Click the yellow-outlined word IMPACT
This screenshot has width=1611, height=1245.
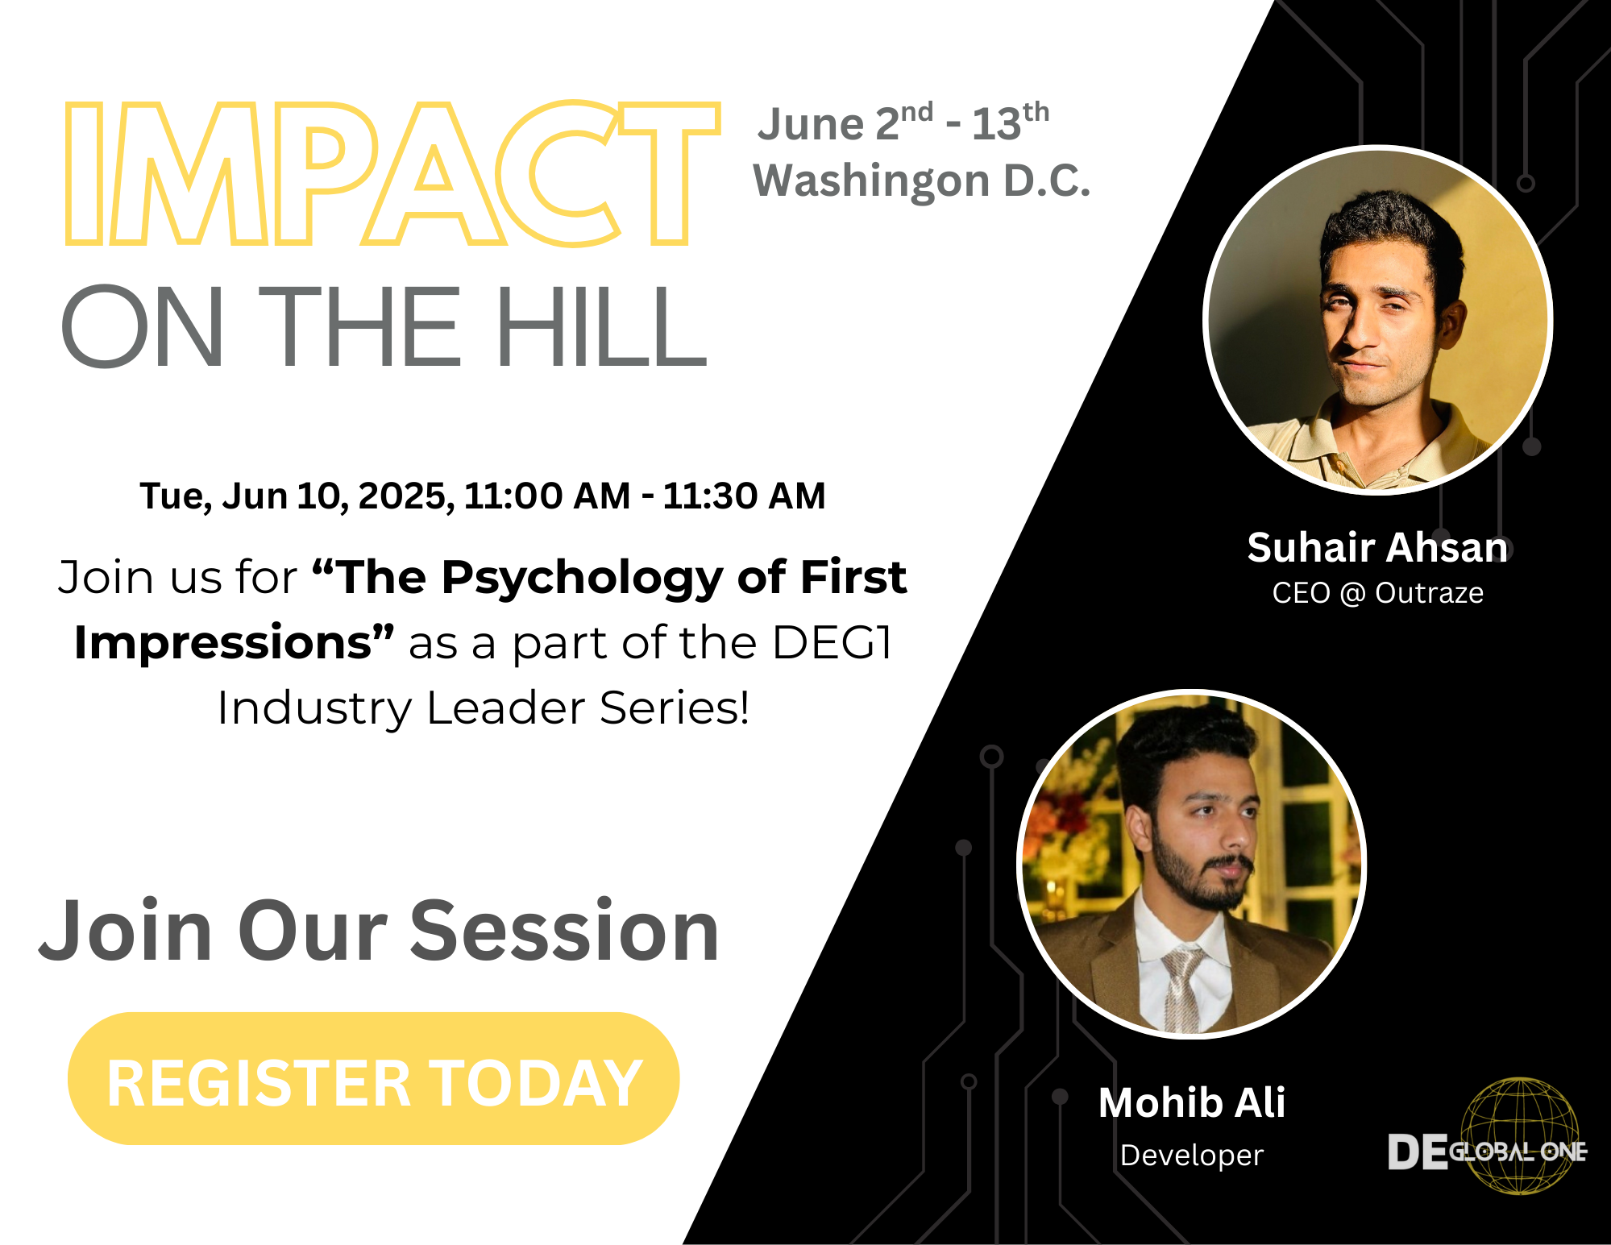tap(392, 173)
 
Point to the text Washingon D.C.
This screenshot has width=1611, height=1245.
tap(921, 181)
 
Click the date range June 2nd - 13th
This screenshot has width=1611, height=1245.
tap(903, 122)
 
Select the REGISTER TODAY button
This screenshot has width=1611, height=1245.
tap(374, 1078)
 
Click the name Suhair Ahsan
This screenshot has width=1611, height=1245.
tap(1377, 547)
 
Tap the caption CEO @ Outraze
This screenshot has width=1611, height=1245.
tap(1377, 593)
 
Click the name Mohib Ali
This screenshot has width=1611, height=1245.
tap(1192, 1102)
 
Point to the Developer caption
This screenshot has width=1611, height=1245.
tap(1192, 1156)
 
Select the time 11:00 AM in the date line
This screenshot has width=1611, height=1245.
tap(547, 496)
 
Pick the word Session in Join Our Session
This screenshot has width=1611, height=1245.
tap(565, 931)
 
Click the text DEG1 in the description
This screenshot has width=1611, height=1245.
tap(832, 643)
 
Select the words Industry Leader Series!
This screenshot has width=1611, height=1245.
tap(484, 708)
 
